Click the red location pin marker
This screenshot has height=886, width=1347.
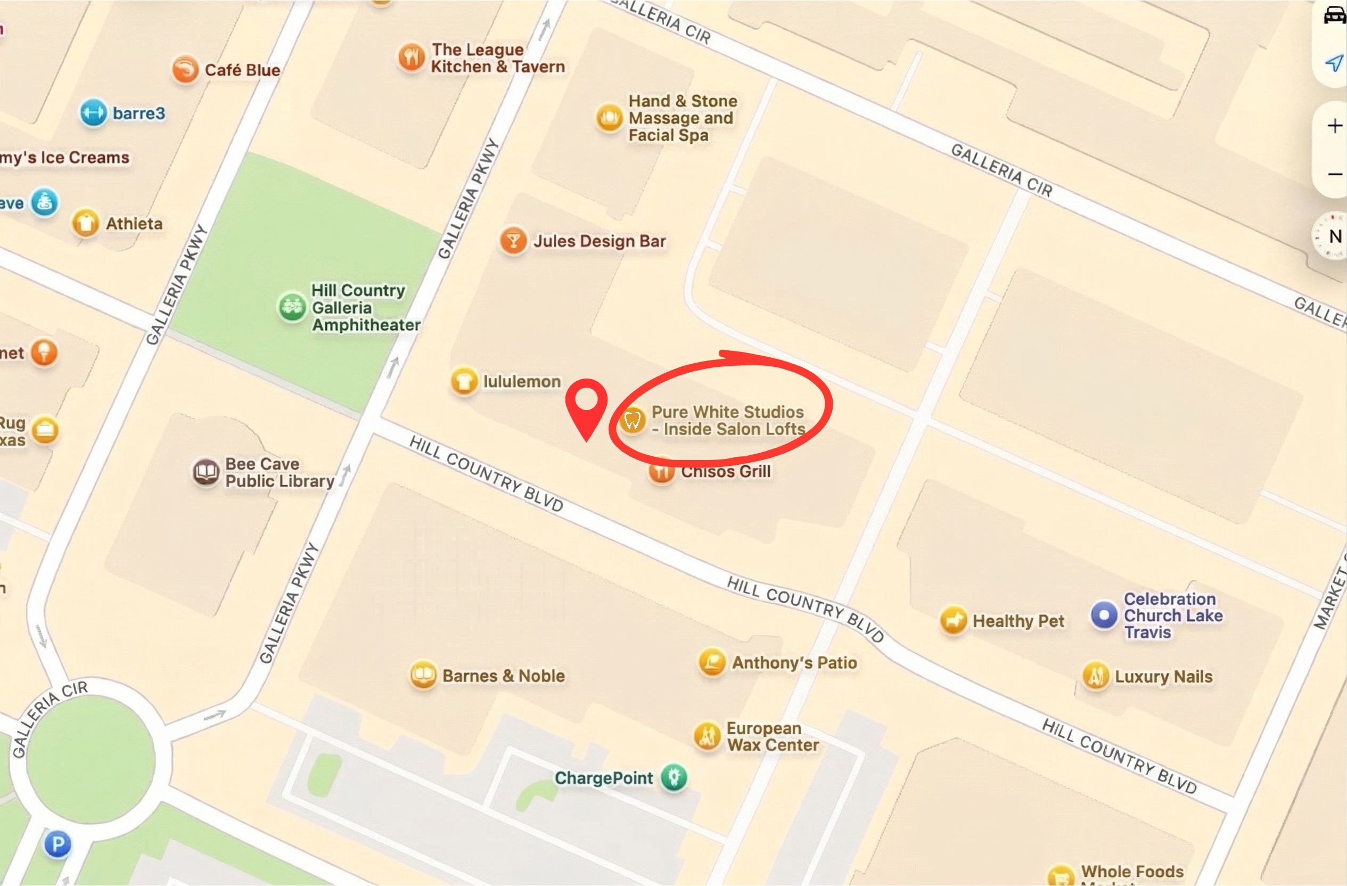coord(586,404)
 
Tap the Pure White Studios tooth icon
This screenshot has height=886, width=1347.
coord(631,421)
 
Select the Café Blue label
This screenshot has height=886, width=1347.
coord(242,70)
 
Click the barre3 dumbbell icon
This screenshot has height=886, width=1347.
coord(93,113)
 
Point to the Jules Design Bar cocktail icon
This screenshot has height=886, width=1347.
coord(513,241)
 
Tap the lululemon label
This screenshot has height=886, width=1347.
coord(521,382)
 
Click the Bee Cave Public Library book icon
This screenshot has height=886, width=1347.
coord(206,472)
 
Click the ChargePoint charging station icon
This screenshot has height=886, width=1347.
coord(673,777)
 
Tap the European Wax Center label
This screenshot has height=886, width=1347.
coord(772,736)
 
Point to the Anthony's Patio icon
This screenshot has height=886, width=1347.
coord(712,661)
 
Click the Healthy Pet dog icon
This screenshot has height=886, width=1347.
coord(953,620)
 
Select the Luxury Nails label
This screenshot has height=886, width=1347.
coord(1163,676)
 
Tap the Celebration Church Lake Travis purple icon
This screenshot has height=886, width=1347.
coord(1104,615)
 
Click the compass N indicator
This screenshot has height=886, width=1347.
coord(1333,236)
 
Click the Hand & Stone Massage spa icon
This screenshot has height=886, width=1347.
coord(609,118)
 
